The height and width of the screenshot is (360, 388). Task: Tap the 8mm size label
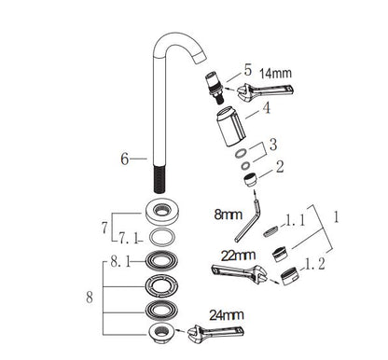(226, 214)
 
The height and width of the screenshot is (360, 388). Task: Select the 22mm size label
(237, 255)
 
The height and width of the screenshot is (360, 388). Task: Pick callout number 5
(247, 68)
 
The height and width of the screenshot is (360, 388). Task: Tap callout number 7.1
(126, 237)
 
